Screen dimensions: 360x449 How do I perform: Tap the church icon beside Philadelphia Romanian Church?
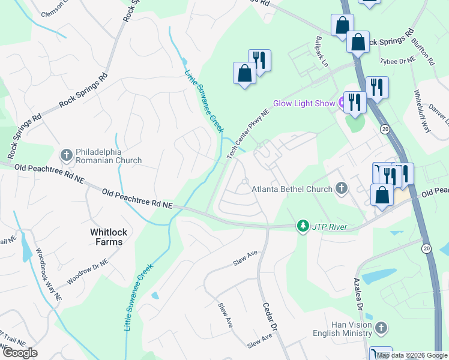click(x=66, y=155)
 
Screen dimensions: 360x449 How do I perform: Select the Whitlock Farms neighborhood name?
click(x=106, y=236)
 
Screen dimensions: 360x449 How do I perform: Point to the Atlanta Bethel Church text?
click(x=292, y=190)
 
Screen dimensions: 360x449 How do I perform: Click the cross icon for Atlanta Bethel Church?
click(x=342, y=189)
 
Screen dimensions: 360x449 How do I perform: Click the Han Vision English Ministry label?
click(x=342, y=328)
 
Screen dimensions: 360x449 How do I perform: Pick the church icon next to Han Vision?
click(x=381, y=328)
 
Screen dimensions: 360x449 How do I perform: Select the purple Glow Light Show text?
click(x=304, y=103)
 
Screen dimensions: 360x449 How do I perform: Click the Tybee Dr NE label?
click(x=397, y=60)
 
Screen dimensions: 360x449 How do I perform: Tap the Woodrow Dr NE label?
click(x=87, y=272)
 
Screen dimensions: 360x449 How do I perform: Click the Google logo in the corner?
click(x=20, y=353)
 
